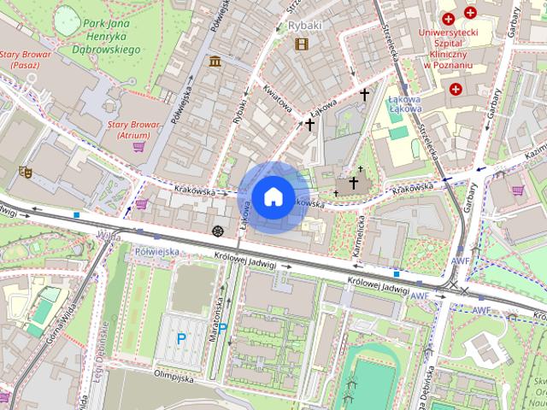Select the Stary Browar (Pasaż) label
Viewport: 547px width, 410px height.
click(x=26, y=60)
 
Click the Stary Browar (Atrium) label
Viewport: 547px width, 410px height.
click(x=134, y=129)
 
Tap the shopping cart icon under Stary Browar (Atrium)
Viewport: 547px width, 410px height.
click(x=138, y=147)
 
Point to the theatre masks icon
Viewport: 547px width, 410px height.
click(x=26, y=172)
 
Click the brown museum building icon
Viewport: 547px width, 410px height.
click(x=214, y=61)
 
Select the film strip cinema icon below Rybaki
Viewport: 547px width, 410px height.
click(x=301, y=44)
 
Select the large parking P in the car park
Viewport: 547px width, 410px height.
click(x=181, y=338)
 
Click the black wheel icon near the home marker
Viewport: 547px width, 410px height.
click(x=218, y=231)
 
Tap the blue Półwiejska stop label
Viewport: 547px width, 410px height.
click(x=156, y=251)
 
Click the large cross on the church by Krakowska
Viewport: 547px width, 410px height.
click(x=353, y=183)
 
